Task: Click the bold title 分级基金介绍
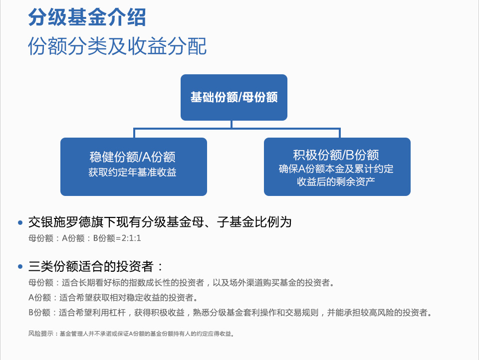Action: [87, 17]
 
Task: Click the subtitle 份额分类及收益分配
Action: [117, 46]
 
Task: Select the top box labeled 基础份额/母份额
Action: [234, 97]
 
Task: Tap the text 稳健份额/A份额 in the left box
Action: [133, 157]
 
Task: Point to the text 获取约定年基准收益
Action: [133, 172]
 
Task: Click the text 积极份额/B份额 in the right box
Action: [336, 155]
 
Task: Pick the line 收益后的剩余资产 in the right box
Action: [336, 181]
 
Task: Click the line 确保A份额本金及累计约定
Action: [336, 169]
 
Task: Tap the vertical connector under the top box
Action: [232, 124]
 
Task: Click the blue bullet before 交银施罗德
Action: [20, 222]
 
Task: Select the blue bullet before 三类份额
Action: [20, 267]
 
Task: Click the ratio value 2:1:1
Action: [131, 238]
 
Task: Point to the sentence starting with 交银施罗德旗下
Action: [160, 222]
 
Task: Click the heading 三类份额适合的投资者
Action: [95, 266]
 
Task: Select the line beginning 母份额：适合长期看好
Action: [182, 283]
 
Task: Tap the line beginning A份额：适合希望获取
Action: [114, 297]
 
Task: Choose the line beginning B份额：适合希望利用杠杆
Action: [231, 312]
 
